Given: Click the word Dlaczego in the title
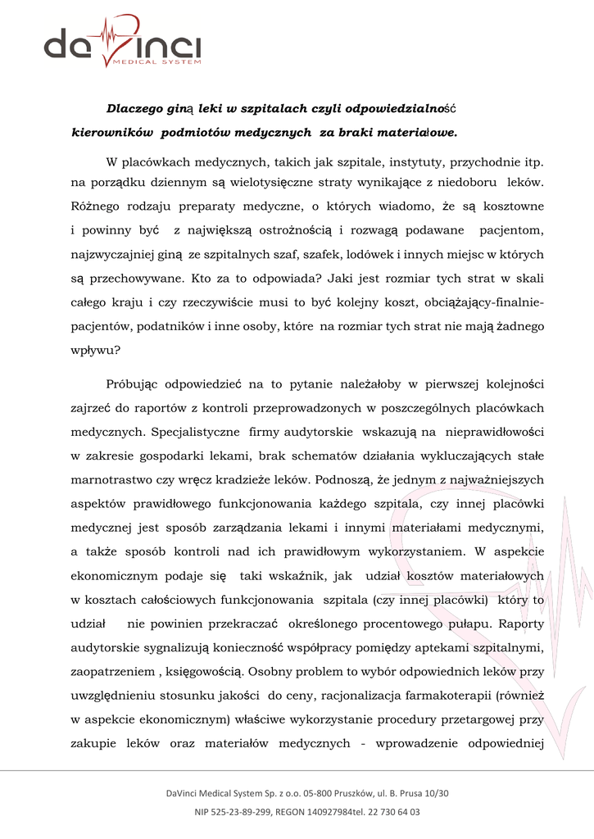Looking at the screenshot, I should point(137,108).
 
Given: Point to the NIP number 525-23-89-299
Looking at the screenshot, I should point(236,812).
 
